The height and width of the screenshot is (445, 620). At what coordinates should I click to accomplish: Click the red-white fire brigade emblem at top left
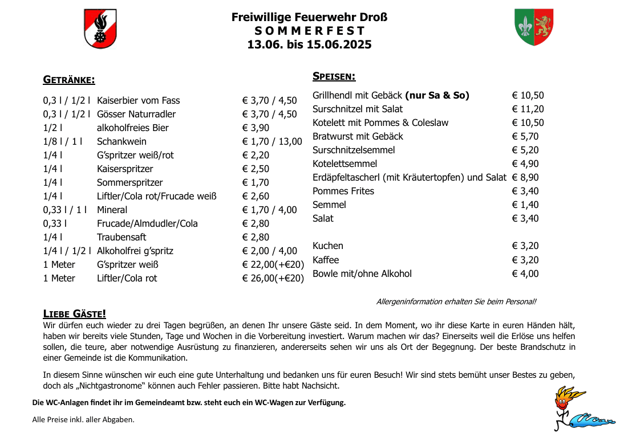100,28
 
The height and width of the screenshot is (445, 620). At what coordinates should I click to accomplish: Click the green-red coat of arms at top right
534,27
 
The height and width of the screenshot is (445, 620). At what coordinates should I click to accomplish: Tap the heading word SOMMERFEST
309,31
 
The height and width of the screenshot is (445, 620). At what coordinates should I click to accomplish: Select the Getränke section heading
69,80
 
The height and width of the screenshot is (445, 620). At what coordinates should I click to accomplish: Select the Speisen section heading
334,76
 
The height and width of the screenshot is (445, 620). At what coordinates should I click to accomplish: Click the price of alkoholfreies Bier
256,128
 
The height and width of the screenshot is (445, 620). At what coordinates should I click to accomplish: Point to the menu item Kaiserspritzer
125,169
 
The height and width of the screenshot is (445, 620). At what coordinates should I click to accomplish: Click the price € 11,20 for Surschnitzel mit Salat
528,109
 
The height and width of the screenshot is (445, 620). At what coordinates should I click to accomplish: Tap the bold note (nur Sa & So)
437,95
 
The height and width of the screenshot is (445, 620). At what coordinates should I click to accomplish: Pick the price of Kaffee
525,260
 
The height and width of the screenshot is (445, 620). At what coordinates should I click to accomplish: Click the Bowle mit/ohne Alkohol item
362,273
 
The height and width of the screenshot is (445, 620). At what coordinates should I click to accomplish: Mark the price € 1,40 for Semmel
525,205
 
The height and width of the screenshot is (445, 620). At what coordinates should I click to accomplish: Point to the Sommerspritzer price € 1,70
256,182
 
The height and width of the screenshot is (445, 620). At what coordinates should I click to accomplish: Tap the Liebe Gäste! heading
75,314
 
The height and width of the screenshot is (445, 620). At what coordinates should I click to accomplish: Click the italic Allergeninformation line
456,301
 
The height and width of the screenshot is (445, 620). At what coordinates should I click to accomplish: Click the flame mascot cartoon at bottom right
570,407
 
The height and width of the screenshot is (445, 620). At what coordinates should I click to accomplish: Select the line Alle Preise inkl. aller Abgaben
83,420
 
